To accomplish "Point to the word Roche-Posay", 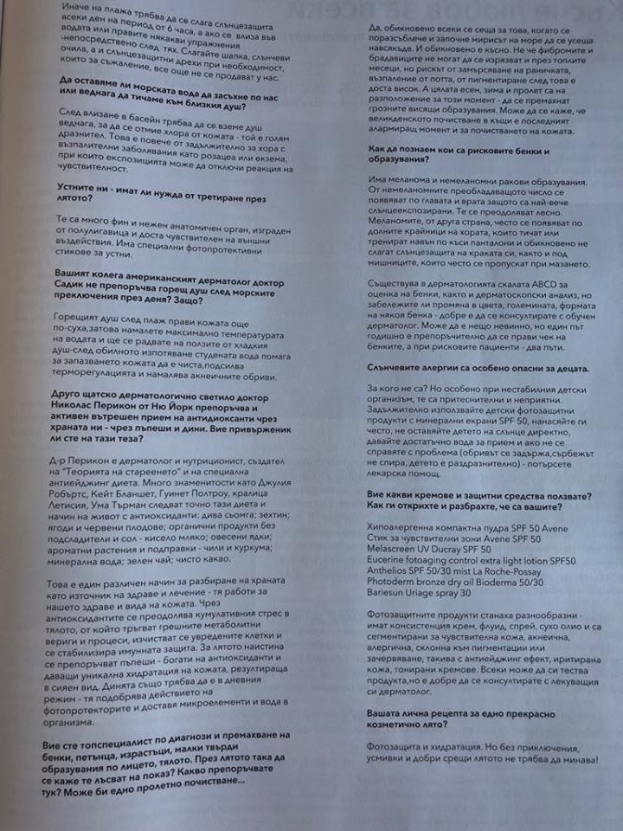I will [516, 573].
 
